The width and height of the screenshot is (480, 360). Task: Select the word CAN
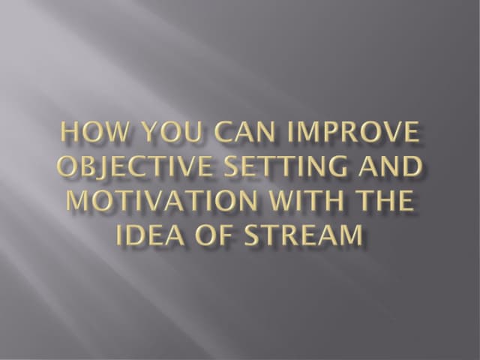point(232,133)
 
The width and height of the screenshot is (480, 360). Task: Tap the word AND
point(390,167)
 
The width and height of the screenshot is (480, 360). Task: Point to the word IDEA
point(149,235)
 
